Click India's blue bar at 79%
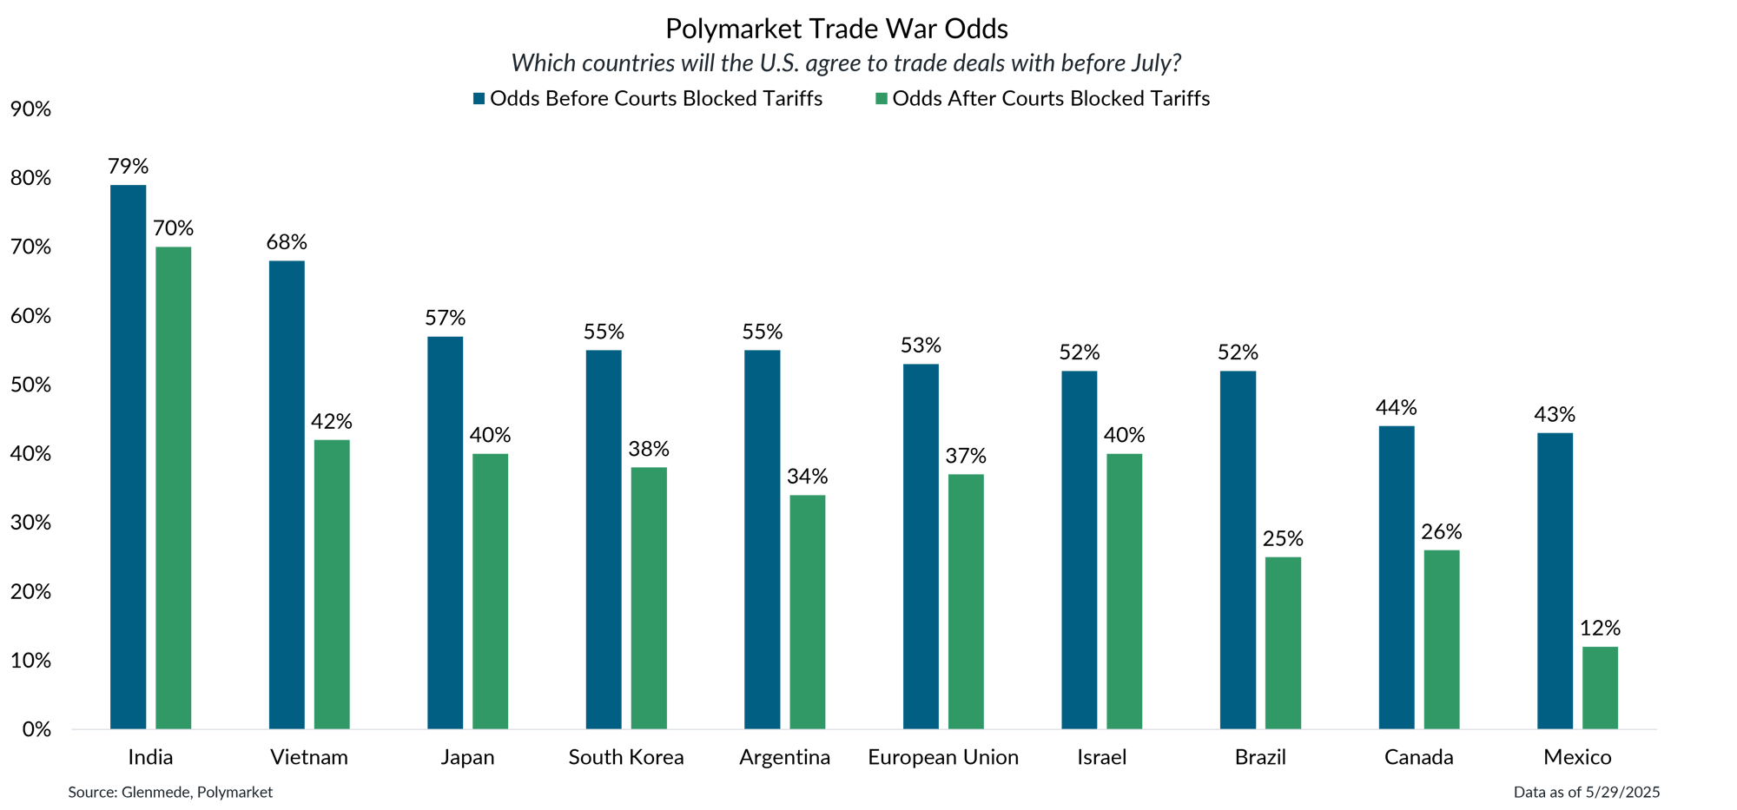pos(128,456)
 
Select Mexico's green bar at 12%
pos(1600,687)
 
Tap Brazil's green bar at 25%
pos(1283,642)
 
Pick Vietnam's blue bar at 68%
pos(287,494)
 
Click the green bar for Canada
pos(1441,639)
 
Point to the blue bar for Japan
pos(445,532)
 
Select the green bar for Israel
pos(1124,590)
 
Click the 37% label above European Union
pos(966,456)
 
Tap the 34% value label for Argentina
pos(807,477)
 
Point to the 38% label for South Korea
pos(649,449)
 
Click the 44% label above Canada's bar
pos(1396,407)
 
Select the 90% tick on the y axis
pos(30,109)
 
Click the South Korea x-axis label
pos(625,757)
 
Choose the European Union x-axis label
pos(943,757)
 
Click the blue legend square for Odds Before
pos(479,99)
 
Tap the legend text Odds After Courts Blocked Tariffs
pos(1051,99)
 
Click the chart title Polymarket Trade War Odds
pos(836,30)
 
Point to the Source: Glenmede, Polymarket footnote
pos(170,792)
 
